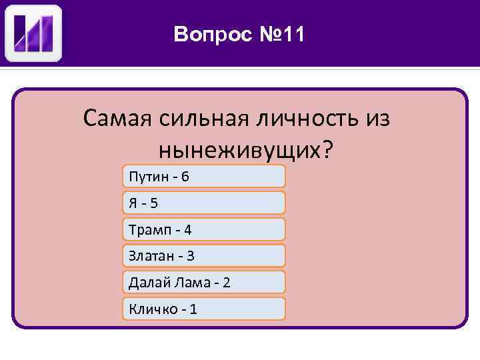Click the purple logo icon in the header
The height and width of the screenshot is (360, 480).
point(33,33)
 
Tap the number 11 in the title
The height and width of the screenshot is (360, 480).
point(292,33)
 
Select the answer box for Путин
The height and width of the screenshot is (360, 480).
point(204,176)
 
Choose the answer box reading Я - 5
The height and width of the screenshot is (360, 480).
point(204,203)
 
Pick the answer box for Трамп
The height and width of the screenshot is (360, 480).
point(204,229)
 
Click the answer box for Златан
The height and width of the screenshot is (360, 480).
point(204,255)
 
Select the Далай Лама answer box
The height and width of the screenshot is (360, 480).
point(204,282)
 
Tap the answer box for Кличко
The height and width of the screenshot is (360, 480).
point(204,309)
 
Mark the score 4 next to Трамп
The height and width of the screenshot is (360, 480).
point(188,230)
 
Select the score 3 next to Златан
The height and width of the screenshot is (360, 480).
point(191,256)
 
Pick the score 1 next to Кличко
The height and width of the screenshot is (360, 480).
point(193,309)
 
